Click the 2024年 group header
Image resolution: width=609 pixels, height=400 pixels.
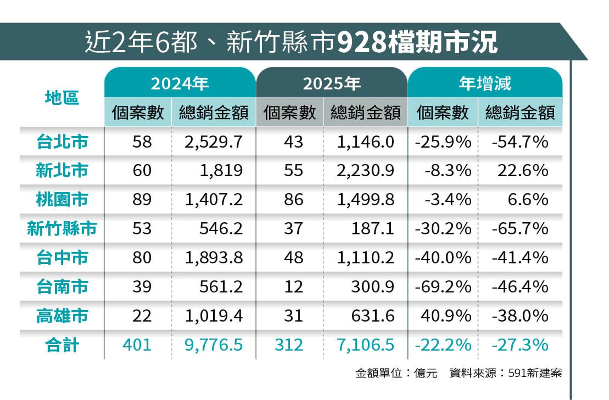180,83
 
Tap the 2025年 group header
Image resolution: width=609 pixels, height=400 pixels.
332,83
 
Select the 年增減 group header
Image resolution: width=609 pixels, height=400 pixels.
485,83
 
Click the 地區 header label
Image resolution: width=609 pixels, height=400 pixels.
62,98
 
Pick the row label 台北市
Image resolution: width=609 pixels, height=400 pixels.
62,142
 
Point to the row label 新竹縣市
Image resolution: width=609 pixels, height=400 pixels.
62,228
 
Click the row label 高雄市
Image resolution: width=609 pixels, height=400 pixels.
62,316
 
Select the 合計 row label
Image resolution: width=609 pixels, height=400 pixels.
62,345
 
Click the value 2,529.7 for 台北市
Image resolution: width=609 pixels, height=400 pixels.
214,142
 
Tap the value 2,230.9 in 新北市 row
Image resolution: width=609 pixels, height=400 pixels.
365,171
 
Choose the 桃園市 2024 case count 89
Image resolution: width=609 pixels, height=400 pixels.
142,199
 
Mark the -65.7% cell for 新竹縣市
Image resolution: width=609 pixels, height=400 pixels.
520,228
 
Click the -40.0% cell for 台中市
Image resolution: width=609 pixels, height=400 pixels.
443,258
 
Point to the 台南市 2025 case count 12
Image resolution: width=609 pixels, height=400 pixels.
293,287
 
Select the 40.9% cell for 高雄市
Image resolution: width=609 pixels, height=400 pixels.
446,316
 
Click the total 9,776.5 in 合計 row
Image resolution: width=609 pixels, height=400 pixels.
214,345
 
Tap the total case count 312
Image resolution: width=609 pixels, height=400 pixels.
289,345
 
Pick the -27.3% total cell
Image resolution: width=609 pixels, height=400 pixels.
520,345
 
